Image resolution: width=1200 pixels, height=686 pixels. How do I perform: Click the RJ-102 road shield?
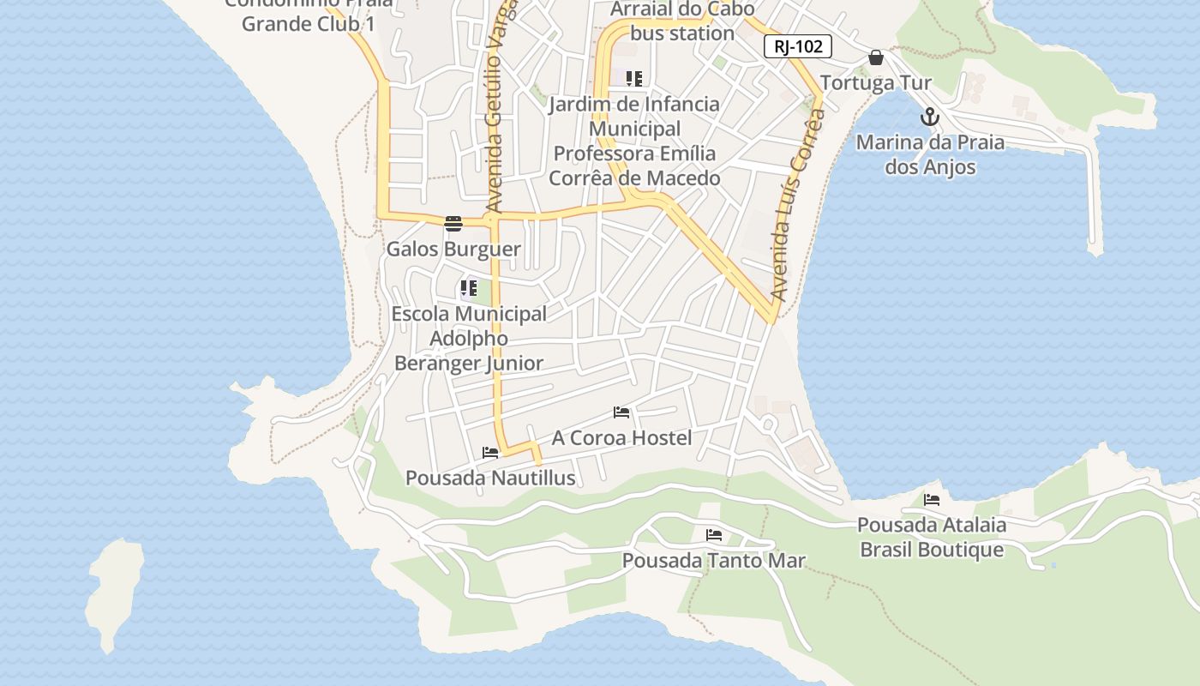click(x=797, y=46)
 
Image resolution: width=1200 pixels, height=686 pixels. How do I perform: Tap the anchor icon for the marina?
click(x=930, y=117)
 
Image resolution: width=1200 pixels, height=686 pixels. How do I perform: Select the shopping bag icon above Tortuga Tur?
click(x=875, y=57)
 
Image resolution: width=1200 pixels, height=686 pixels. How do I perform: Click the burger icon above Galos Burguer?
click(x=453, y=224)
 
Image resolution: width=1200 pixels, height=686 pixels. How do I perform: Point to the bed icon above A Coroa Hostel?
click(x=621, y=412)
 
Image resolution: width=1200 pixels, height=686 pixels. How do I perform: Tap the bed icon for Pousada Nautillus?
click(x=490, y=452)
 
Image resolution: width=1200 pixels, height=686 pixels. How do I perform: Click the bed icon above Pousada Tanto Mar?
click(x=713, y=535)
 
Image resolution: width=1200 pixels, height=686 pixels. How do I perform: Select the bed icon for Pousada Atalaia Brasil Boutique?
click(x=932, y=499)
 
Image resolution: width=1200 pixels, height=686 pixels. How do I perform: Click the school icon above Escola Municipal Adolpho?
click(x=468, y=288)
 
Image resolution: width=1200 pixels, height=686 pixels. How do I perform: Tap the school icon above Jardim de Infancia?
click(x=634, y=80)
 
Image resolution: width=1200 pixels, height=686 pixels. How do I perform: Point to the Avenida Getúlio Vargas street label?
click(x=500, y=107)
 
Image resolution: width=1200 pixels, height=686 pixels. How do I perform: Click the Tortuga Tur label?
click(x=875, y=83)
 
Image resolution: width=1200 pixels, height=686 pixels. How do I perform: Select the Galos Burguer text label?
click(x=453, y=250)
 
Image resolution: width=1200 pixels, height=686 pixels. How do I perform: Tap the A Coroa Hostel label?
click(x=621, y=438)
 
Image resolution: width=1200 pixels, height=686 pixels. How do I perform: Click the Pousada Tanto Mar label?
click(x=713, y=561)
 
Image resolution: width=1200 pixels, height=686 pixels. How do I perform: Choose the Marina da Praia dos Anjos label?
click(x=930, y=154)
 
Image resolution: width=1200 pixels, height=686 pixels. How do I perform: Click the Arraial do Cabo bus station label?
click(x=682, y=21)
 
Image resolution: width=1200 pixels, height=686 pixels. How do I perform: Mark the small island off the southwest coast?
click(x=115, y=592)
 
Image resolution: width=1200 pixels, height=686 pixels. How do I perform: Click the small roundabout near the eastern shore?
click(x=768, y=424)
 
